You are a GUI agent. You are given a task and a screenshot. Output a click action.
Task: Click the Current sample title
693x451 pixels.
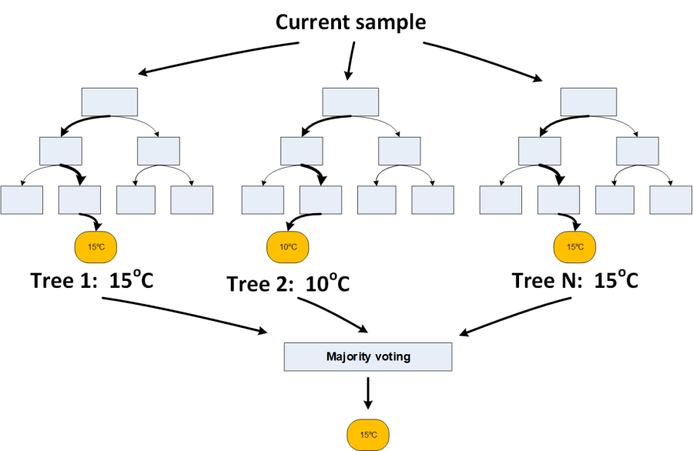[350, 22]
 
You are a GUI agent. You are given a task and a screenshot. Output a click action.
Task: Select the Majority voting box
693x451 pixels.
[367, 357]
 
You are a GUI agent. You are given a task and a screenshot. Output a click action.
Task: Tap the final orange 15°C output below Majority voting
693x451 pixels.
[369, 435]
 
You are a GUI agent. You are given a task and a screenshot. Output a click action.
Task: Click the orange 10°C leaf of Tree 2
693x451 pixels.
[287, 247]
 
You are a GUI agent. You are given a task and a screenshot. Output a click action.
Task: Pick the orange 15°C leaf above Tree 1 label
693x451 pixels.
[95, 247]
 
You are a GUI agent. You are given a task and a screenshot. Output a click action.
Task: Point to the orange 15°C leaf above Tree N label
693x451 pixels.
[574, 247]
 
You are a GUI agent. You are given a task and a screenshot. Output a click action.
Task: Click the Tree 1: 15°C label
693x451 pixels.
[92, 280]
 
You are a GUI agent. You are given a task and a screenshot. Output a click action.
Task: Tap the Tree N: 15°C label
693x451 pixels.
[576, 280]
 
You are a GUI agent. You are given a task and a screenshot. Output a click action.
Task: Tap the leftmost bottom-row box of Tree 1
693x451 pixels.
[22, 200]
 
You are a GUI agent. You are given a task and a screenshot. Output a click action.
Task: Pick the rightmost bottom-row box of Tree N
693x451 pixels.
[671, 200]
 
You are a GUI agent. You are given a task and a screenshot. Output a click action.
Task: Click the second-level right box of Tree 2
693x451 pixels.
[400, 151]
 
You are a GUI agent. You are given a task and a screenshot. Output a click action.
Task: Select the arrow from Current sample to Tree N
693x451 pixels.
[481, 59]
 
